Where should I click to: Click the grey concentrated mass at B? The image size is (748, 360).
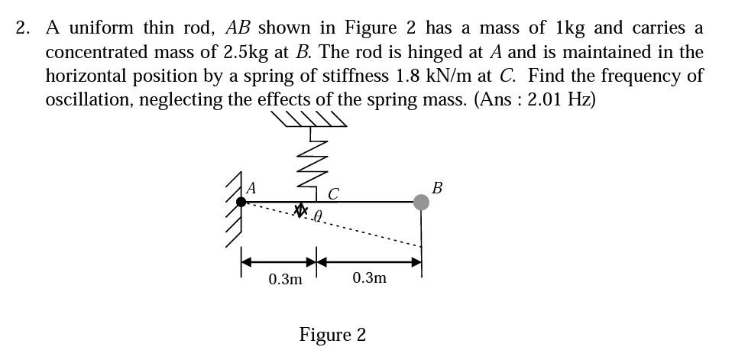(x=421, y=202)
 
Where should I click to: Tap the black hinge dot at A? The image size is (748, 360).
(x=241, y=202)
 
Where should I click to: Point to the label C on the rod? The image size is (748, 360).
(x=333, y=193)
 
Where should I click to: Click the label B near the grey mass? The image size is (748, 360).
(x=436, y=187)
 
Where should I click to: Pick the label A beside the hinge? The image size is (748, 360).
(x=251, y=187)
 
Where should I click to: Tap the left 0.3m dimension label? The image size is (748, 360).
(x=285, y=279)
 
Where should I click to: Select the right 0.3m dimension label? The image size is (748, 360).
(x=370, y=277)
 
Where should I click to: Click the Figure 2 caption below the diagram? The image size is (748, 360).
(x=332, y=335)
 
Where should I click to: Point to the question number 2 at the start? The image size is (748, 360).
(x=23, y=28)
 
